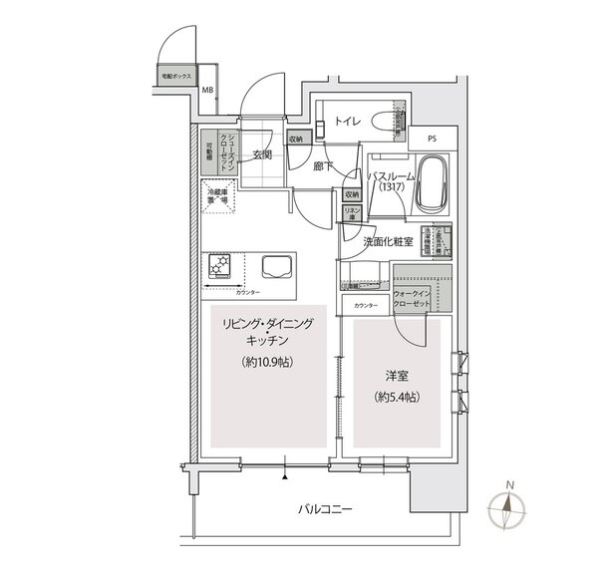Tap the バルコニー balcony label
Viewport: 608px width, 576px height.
pyautogui.click(x=326, y=510)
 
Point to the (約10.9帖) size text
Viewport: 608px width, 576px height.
pyautogui.click(x=266, y=363)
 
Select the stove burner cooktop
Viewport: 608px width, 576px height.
pyautogui.click(x=220, y=268)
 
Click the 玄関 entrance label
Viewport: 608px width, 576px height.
pyautogui.click(x=262, y=154)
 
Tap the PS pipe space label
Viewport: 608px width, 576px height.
pyautogui.click(x=431, y=141)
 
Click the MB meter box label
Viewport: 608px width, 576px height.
pyautogui.click(x=208, y=93)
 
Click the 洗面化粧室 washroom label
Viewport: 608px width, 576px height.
pyautogui.click(x=386, y=241)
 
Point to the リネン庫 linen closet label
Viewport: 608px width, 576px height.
pyautogui.click(x=351, y=216)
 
